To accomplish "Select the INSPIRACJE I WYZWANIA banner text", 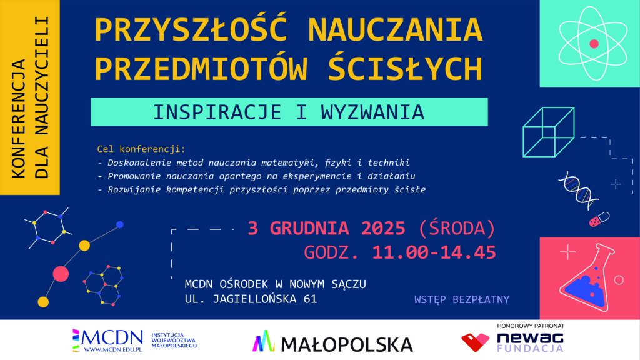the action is (x=289, y=112).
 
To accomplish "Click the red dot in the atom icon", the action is (x=594, y=44).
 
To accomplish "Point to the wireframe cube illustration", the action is (x=549, y=132).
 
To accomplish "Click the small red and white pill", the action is (x=599, y=219).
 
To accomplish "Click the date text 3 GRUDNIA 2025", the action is (x=326, y=228).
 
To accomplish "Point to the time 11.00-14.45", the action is (x=434, y=252).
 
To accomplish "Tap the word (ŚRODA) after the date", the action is (x=457, y=228).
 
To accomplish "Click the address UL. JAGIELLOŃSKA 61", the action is (x=251, y=299).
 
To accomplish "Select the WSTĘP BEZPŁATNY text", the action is (x=462, y=299).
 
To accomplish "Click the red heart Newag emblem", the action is (x=475, y=342).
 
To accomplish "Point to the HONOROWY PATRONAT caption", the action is (x=531, y=326).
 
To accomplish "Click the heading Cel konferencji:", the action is (x=141, y=149).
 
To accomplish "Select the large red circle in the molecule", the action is (x=61, y=274).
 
